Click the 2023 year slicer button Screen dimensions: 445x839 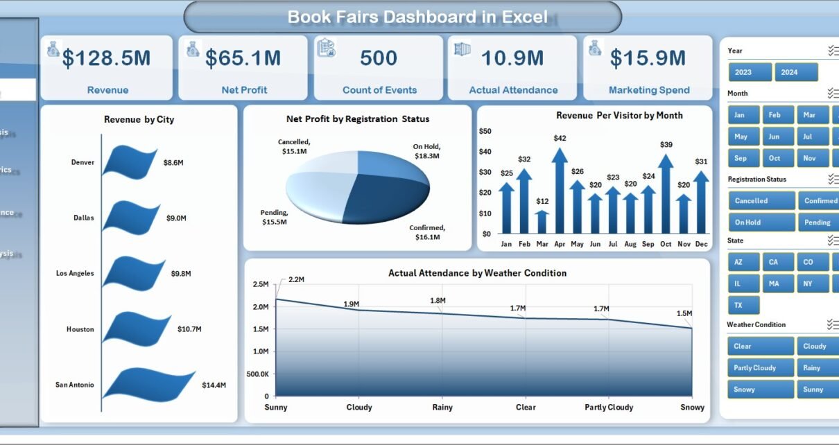[x=750, y=72]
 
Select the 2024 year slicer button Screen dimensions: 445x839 [x=795, y=72]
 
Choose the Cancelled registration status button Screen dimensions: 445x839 [x=761, y=201]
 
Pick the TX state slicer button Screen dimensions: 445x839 [x=744, y=305]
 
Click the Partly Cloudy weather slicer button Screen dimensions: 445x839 [x=761, y=368]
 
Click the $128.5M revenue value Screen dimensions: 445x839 [x=106, y=59]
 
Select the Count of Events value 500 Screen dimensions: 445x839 [x=379, y=59]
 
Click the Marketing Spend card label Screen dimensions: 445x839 [x=648, y=90]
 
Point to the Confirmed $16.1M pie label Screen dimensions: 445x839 [x=427, y=232]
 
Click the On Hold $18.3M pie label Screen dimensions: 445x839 [x=426, y=151]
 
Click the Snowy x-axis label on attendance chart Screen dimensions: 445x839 [x=692, y=408]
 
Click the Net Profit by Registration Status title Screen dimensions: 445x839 [x=357, y=119]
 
